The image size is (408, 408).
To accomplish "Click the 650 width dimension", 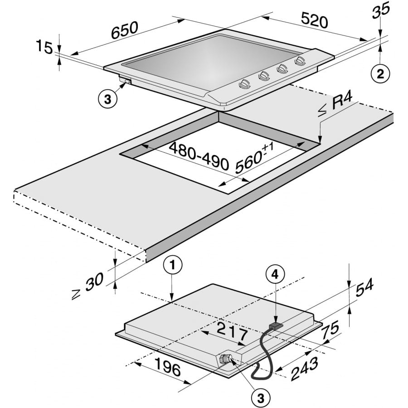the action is coord(124,30).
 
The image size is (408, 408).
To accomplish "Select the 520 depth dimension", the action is coord(314,20).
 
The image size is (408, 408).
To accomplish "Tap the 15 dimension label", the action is coord(44,47).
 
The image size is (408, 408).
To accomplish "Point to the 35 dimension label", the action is coord(381,10).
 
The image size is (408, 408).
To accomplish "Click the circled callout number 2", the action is coord(380,74).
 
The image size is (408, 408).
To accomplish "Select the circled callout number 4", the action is coord(275,275).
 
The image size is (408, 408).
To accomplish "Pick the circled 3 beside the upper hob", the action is coord(107,99).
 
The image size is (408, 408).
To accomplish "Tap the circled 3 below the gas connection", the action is coord(261,398).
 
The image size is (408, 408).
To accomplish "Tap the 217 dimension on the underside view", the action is coord(233,330).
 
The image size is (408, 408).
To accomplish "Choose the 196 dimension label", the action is coord(168,367).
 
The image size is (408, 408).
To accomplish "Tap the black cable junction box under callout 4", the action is coord(276,325).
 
